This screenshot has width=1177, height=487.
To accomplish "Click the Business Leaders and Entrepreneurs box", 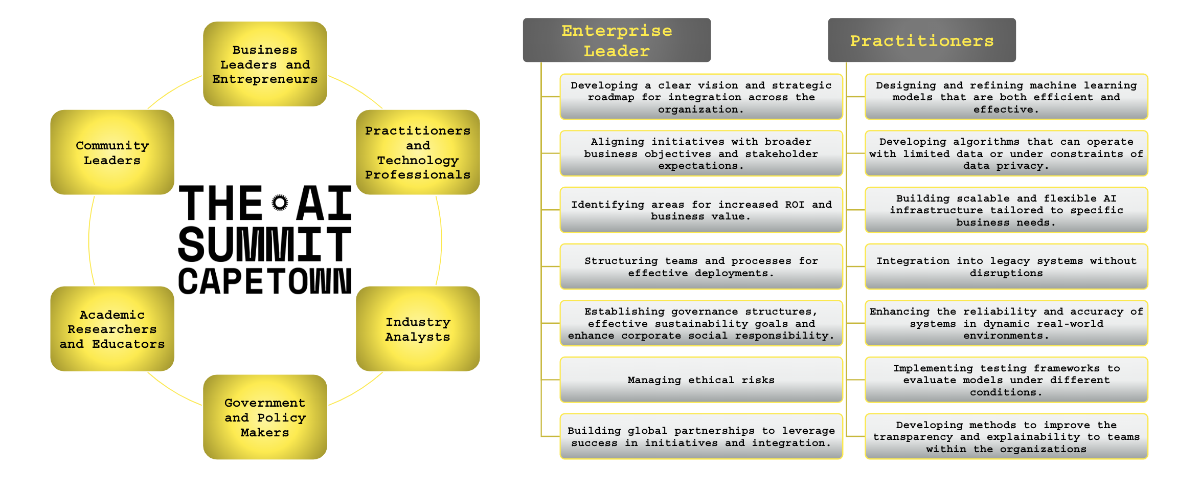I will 265,64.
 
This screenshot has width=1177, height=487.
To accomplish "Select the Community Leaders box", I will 112,152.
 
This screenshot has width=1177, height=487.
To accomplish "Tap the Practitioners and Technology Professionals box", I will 418,152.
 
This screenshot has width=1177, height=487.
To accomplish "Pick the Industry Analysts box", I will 418,329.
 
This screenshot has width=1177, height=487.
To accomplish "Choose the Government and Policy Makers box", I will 265,417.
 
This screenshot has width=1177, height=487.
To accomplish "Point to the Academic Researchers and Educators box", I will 112,329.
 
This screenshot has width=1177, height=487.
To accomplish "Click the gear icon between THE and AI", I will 280,203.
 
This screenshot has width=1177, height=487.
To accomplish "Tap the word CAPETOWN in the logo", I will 264,281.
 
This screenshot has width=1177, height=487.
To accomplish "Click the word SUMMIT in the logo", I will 264,245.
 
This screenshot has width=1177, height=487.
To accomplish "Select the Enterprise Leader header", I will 617,40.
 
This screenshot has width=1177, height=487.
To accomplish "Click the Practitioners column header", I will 921,40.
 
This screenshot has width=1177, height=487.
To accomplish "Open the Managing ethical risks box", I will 701,380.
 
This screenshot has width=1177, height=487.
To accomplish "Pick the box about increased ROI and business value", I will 701,210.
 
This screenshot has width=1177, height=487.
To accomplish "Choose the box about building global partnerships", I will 701,436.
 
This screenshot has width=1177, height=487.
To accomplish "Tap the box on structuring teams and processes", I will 701,267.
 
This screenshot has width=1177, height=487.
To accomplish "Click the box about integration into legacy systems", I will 1006,267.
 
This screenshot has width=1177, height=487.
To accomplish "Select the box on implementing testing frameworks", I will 1006,380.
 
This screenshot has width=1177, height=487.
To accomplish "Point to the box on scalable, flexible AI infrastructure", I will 1006,210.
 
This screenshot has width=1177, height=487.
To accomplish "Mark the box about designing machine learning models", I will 1006,97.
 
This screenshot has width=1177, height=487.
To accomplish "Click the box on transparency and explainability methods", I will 1006,436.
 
